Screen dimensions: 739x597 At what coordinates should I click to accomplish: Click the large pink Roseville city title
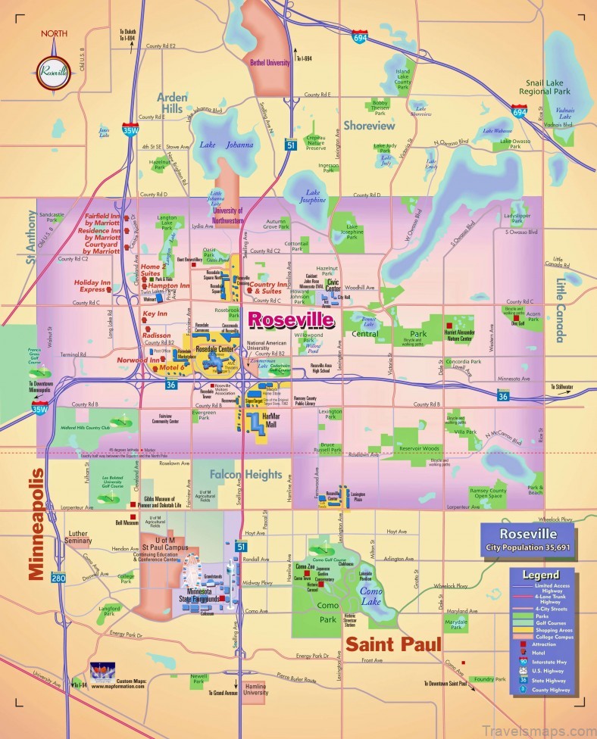point(291,320)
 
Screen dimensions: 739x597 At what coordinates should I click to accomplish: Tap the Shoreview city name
point(369,126)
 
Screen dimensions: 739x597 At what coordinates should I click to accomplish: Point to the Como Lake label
point(370,595)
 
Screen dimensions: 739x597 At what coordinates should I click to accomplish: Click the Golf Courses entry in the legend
point(562,621)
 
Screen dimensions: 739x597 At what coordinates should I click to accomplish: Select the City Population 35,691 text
point(528,547)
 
